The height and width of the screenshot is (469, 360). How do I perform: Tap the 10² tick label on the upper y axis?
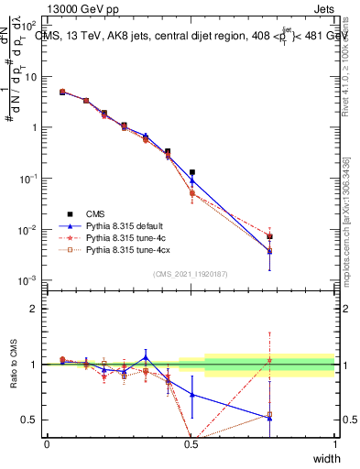pyautogui.click(x=29, y=26)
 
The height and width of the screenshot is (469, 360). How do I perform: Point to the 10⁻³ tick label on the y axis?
pyautogui.click(x=29, y=279)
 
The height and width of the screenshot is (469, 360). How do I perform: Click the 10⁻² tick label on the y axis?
pyautogui.click(x=29, y=229)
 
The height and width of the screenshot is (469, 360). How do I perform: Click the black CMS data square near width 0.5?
pyautogui.click(x=191, y=172)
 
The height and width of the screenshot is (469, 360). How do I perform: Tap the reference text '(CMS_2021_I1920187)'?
pyautogui.click(x=191, y=273)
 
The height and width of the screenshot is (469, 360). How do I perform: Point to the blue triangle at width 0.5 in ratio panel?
pyautogui.click(x=191, y=395)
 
